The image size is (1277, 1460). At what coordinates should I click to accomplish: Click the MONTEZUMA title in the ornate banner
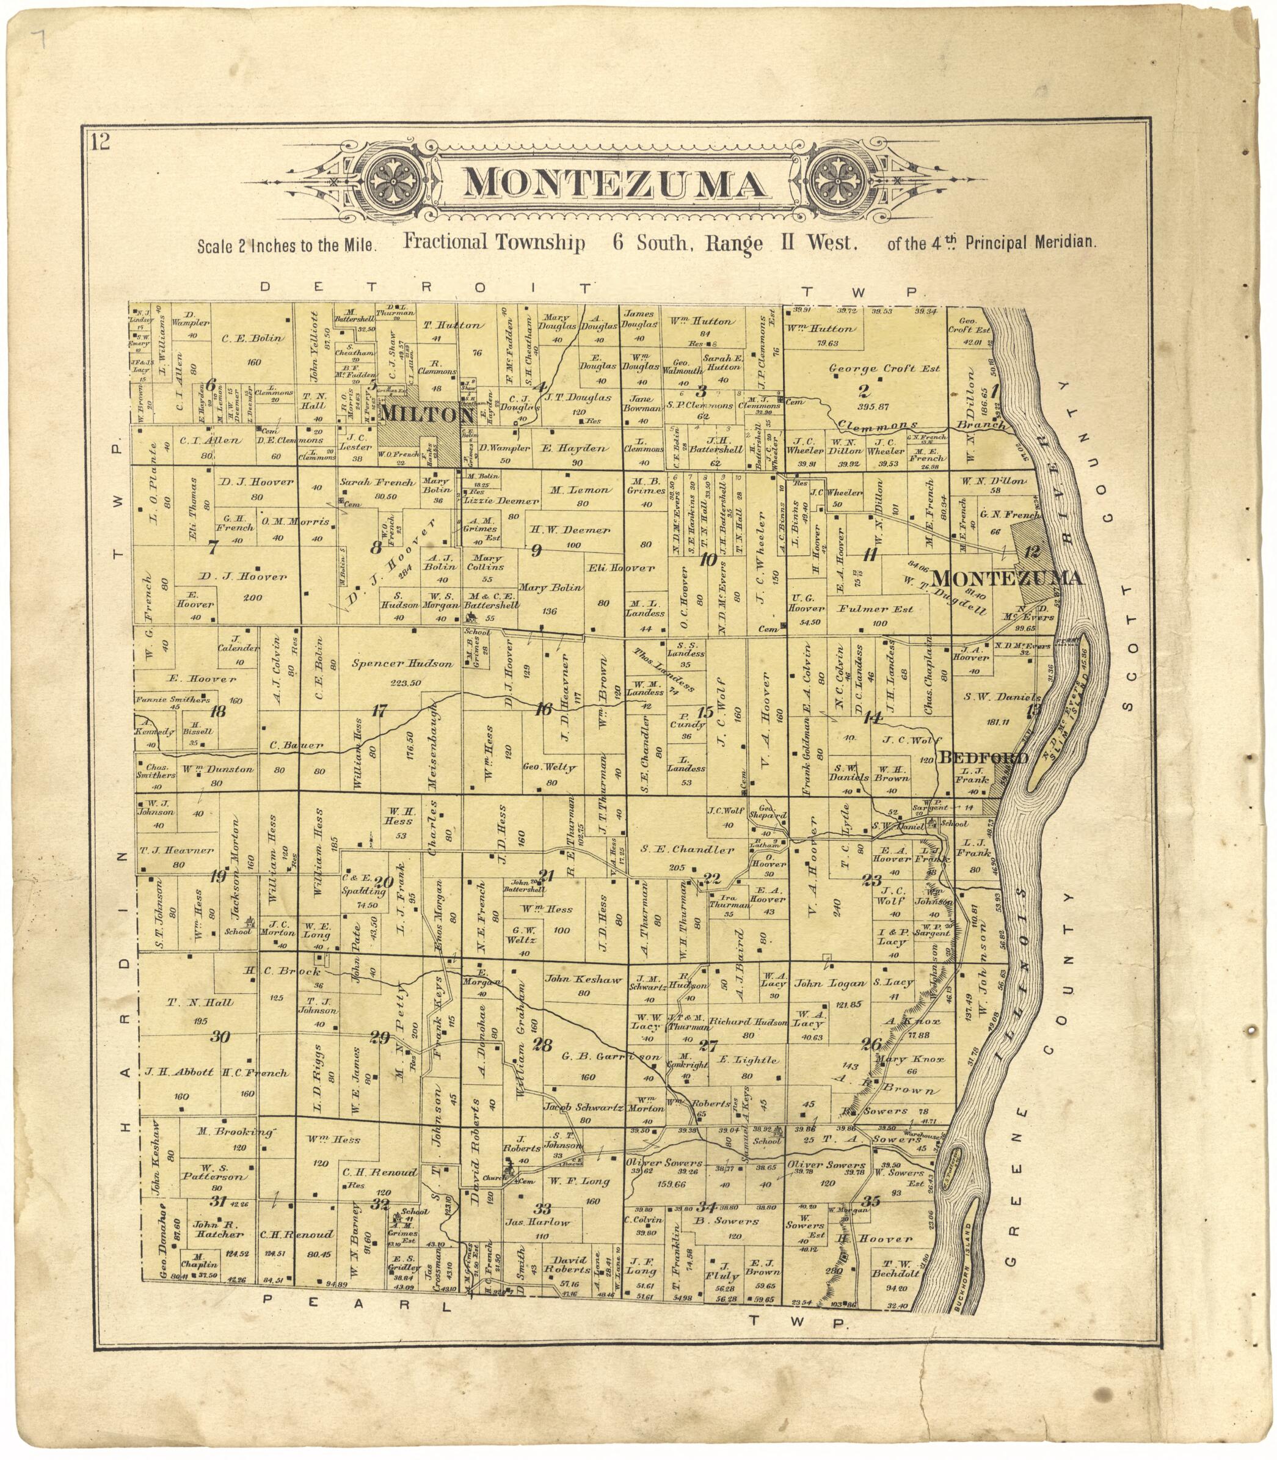pyautogui.click(x=615, y=184)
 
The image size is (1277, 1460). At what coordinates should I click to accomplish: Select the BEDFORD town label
pyautogui.click(x=983, y=757)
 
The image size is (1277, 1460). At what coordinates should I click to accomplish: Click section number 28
pyautogui.click(x=542, y=1045)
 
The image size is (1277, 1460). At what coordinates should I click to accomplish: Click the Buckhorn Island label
pyautogui.click(x=969, y=1272)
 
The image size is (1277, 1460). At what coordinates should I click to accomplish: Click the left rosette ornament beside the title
pyautogui.click(x=393, y=184)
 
